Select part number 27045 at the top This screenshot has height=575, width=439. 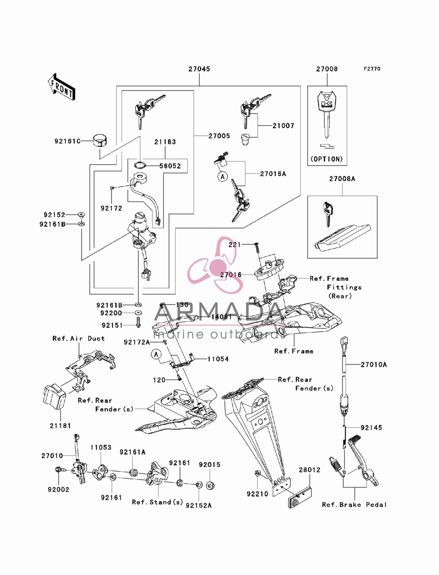pyautogui.click(x=199, y=69)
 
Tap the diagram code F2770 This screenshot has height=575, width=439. pyautogui.click(x=372, y=69)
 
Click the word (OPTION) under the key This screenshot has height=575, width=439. pyautogui.click(x=327, y=159)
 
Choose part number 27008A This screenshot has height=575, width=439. pyautogui.click(x=342, y=179)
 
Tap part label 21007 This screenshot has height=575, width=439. pyautogui.click(x=283, y=126)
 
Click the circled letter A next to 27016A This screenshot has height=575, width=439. pyautogui.click(x=223, y=176)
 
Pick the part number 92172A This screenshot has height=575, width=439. pyautogui.click(x=137, y=342)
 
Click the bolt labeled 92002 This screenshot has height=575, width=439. pyautogui.click(x=59, y=470)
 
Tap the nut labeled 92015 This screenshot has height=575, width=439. pyautogui.click(x=209, y=485)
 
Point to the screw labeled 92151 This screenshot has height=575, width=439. pyautogui.click(x=138, y=322)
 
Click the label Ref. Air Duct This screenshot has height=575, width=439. pyautogui.click(x=79, y=338)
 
